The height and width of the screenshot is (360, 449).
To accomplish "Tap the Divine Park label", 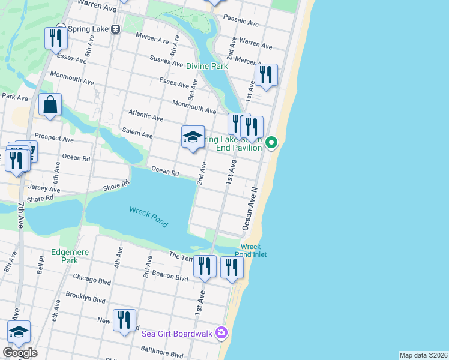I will coord(206,66).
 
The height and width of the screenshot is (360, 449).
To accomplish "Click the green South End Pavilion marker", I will coord(271,142).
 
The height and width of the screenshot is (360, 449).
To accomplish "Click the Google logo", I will coord(20,353).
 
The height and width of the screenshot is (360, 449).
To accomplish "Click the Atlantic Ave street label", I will coord(145,116).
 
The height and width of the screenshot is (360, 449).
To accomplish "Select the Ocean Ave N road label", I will coord(249,208).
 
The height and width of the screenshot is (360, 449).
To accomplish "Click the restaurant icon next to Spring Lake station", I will coord(56,38).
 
